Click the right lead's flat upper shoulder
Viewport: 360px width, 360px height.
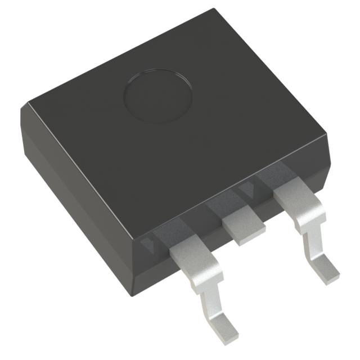(x=298, y=202)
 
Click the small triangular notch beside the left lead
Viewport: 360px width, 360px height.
(x=148, y=244)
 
